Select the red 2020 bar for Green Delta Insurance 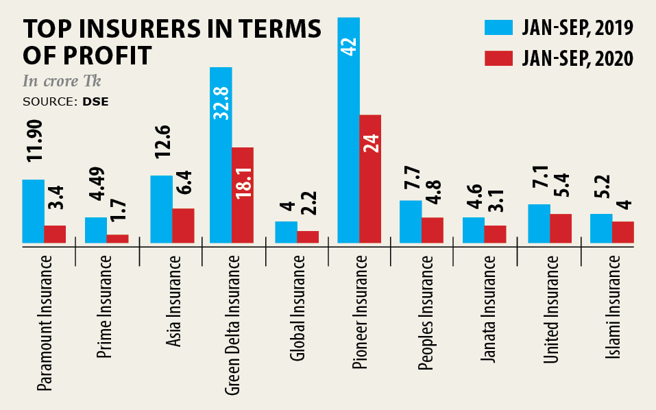pyautogui.click(x=243, y=195)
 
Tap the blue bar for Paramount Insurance pyautogui.click(x=33, y=211)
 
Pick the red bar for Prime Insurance pyautogui.click(x=117, y=239)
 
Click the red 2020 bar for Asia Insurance pyautogui.click(x=183, y=226)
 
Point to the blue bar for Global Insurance pyautogui.click(x=286, y=232)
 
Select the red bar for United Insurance pyautogui.click(x=561, y=228)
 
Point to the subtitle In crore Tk pyautogui.click(x=62, y=82)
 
